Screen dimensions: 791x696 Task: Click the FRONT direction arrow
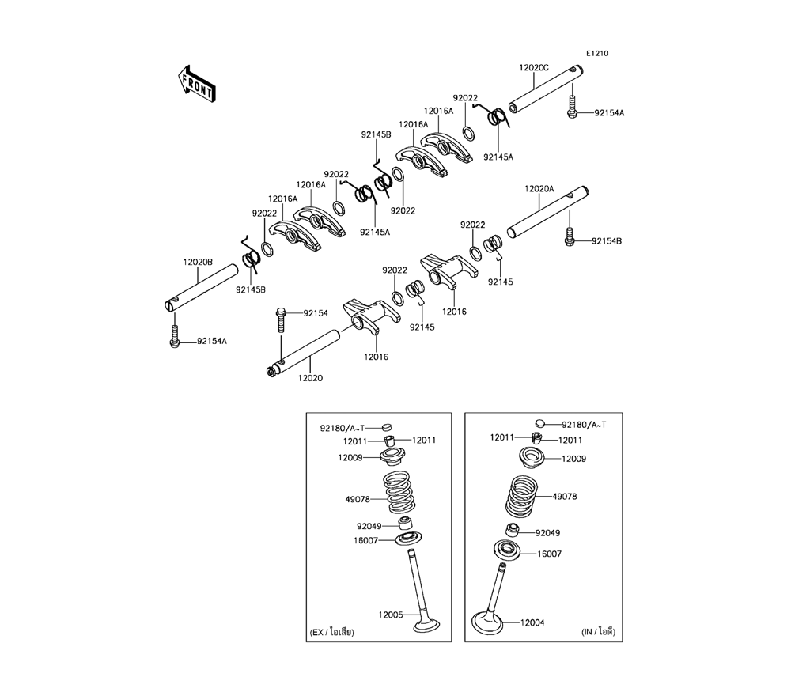tap(197, 84)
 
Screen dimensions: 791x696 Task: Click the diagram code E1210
tap(596, 54)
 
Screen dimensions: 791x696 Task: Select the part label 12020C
tap(534, 67)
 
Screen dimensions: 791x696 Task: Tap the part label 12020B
tap(198, 263)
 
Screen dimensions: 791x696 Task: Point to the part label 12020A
tap(539, 189)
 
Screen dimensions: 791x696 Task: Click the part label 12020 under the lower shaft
tap(310, 378)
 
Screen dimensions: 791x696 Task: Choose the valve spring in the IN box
tap(521, 497)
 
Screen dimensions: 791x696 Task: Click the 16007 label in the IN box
tap(550, 554)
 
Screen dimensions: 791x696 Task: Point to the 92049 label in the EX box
tap(369, 526)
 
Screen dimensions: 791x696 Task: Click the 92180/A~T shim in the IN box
tap(539, 422)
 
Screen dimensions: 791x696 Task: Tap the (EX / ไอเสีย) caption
tap(332, 632)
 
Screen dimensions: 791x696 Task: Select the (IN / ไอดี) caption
tap(599, 631)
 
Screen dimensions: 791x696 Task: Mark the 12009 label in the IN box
tap(573, 459)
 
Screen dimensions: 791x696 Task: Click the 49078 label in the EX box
tap(358, 500)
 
